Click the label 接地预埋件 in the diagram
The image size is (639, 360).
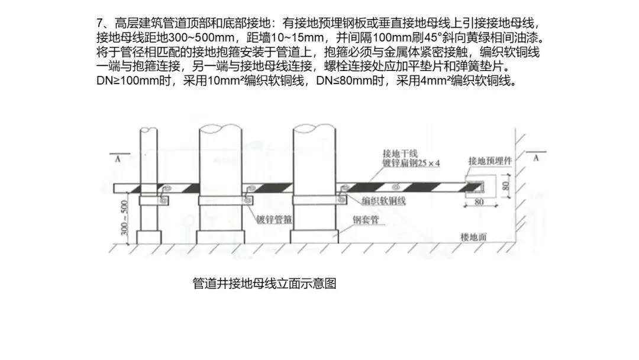click(x=489, y=160)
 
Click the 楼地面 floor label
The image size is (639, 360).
click(x=473, y=236)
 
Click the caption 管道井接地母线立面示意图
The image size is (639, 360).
click(x=264, y=284)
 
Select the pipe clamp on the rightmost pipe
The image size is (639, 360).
click(x=312, y=201)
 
